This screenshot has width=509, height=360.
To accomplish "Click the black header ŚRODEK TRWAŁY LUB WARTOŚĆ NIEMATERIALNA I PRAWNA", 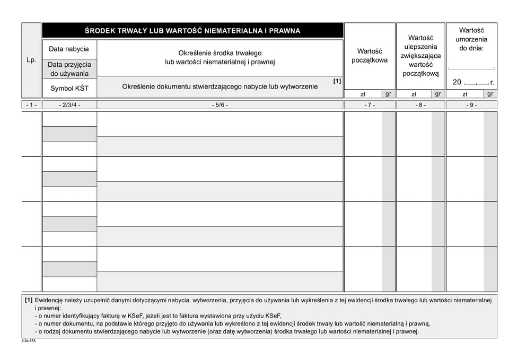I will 192,31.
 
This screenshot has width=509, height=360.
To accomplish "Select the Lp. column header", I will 31,60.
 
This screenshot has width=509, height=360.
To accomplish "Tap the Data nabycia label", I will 69,49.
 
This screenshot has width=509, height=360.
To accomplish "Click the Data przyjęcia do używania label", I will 69,69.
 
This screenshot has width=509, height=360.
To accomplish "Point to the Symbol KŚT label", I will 69,88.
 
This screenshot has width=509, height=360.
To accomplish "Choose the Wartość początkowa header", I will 370,55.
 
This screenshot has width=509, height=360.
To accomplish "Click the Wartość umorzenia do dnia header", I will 471,39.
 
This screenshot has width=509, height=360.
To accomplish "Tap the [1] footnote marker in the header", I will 337,81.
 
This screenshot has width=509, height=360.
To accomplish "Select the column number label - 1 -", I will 31,105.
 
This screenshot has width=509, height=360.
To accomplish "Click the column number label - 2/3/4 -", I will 69,105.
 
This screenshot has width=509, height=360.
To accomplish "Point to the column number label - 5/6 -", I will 220,105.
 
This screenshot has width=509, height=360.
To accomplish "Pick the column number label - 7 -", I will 370,105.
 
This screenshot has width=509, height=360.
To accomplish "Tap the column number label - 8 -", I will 420,105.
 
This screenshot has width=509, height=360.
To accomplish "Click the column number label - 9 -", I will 471,105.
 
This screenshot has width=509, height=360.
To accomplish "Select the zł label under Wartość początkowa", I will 363,94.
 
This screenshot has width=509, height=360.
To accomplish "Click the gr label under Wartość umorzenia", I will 490,94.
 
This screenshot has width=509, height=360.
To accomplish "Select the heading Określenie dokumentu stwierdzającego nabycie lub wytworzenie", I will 220,86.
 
